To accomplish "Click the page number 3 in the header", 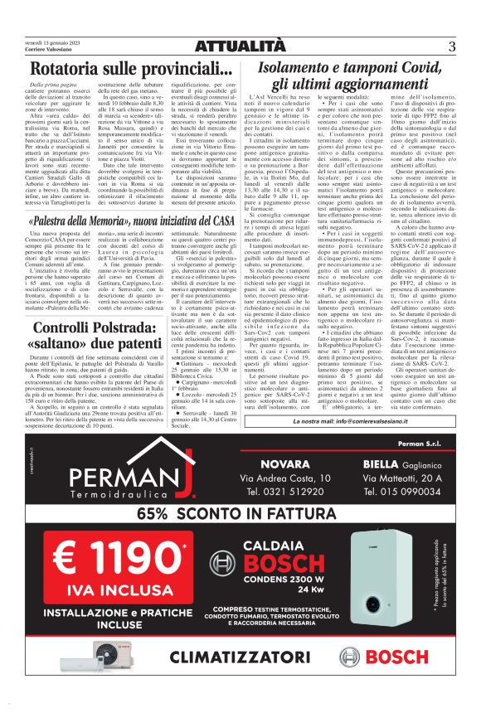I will coord(453,46).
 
